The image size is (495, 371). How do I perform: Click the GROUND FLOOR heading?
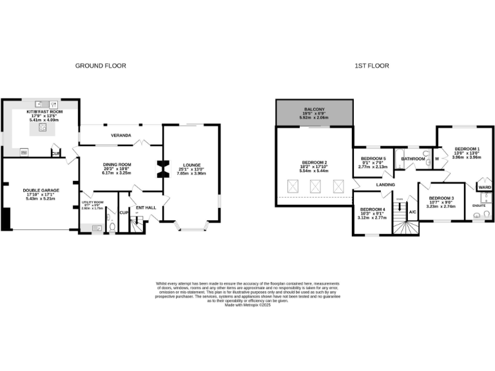pyautogui.click(x=101, y=66)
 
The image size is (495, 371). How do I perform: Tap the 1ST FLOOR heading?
pyautogui.click(x=371, y=66)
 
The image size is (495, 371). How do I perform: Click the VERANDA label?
pyautogui.click(x=121, y=136)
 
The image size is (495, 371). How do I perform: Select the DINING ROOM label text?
pyautogui.click(x=117, y=164)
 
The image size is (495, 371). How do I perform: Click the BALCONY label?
pyautogui.click(x=314, y=109)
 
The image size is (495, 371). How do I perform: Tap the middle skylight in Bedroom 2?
pyautogui.click(x=315, y=187)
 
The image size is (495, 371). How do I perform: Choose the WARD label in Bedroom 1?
pyautogui.click(x=484, y=187)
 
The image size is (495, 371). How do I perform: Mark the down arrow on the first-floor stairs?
pyautogui.click(x=400, y=201)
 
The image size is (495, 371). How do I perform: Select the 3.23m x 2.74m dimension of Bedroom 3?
pyautogui.click(x=442, y=206)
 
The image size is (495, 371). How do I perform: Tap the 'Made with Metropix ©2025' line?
pyautogui.click(x=247, y=305)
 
